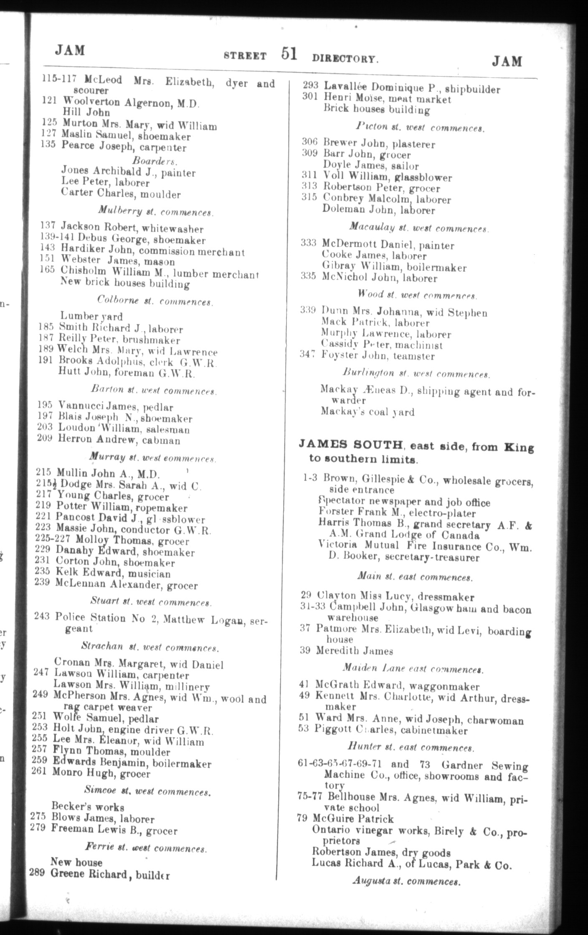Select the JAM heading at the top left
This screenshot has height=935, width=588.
click(x=70, y=51)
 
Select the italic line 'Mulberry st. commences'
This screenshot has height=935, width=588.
click(x=156, y=212)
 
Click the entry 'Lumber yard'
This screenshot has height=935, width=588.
click(x=91, y=316)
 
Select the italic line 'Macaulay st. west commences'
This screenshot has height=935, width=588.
click(x=419, y=228)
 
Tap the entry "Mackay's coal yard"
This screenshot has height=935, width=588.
click(x=367, y=412)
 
